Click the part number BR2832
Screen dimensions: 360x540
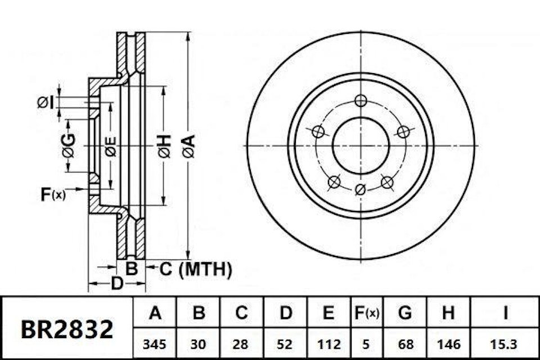tap(67, 329)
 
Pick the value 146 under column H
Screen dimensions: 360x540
tap(448, 343)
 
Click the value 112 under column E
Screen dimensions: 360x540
tap(329, 343)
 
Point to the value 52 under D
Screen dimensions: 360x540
tap(285, 343)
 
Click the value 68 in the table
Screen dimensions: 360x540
tap(404, 343)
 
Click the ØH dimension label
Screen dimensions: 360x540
tap(164, 145)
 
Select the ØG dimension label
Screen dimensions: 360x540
tap(68, 146)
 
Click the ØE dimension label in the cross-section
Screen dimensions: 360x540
tap(110, 146)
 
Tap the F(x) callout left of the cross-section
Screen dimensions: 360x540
tap(53, 195)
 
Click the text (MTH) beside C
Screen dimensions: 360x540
tap(205, 270)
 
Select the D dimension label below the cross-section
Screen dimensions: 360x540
tap(116, 283)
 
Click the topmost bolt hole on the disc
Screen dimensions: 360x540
tap(361, 101)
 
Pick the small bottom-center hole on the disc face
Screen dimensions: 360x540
tap(361, 189)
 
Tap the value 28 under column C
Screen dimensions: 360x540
tap(241, 343)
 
